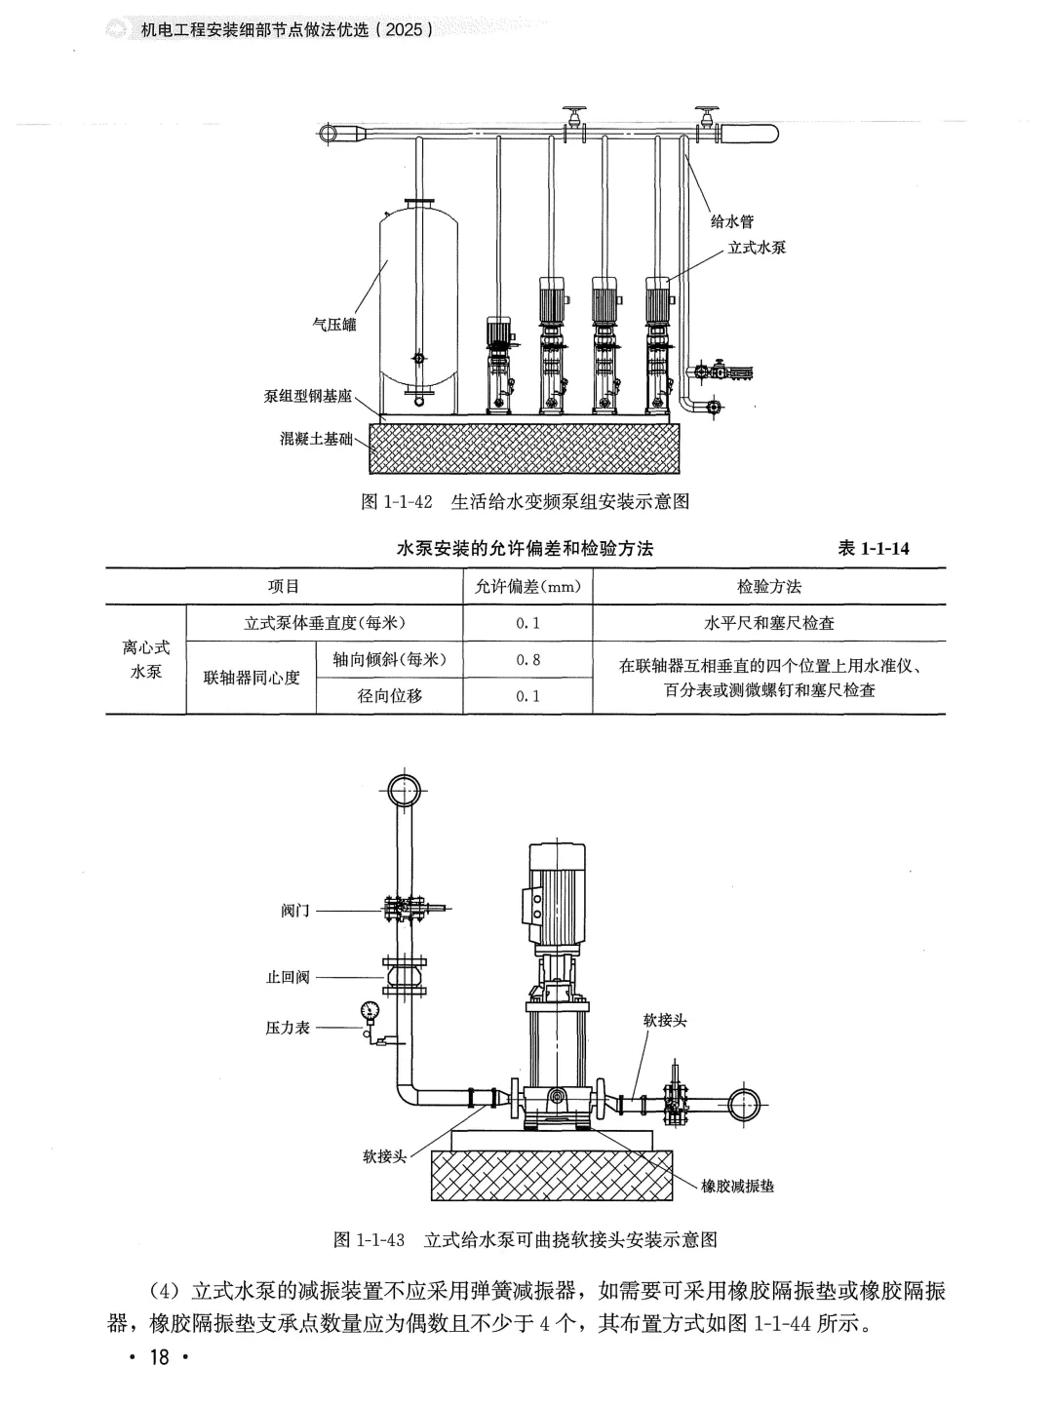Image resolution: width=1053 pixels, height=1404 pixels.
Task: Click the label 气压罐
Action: (333, 325)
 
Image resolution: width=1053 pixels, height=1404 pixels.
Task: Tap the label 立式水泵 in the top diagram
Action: (757, 248)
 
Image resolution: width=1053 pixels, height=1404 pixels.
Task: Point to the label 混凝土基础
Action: (316, 439)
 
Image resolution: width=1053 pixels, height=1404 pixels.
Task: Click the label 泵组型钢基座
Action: (308, 397)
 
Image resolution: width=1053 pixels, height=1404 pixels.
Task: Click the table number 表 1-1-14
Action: (874, 549)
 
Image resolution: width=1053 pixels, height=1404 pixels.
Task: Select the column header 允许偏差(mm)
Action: (527, 587)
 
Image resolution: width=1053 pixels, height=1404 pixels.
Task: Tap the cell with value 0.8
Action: (527, 660)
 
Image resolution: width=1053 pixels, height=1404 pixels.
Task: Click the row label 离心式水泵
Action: (145, 660)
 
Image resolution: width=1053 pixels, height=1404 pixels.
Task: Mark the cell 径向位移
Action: (389, 696)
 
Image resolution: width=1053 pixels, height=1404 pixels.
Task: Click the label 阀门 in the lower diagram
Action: (294, 911)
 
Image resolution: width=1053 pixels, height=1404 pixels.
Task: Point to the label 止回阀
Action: (288, 977)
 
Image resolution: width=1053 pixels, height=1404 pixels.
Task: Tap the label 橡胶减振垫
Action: (737, 1187)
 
